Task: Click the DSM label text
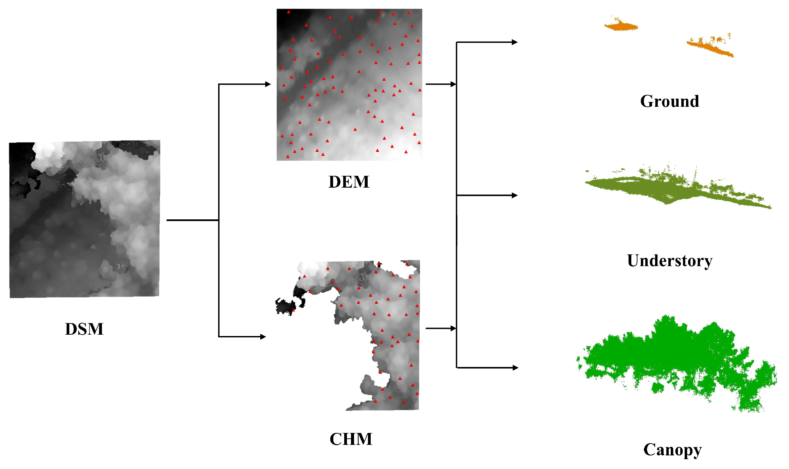[84, 329]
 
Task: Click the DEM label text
[349, 182]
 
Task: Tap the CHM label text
[351, 439]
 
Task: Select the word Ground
[669, 101]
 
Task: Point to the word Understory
[669, 261]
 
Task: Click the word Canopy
[672, 450]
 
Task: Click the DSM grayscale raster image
[85, 219]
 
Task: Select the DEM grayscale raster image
[349, 85]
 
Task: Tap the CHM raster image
[384, 326]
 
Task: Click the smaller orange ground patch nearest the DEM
[621, 26]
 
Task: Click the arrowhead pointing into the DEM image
[268, 84]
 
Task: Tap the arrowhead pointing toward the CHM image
[263, 337]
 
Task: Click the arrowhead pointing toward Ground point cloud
[514, 42]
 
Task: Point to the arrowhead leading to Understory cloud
[514, 195]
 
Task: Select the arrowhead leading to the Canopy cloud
[515, 368]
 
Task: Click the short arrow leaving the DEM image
[440, 84]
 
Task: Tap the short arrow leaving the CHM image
[440, 328]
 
